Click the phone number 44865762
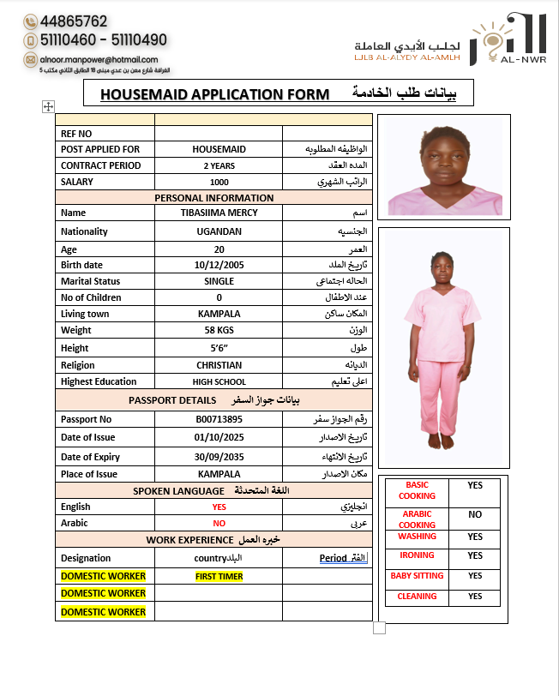(x=73, y=21)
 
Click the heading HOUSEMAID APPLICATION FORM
(x=214, y=93)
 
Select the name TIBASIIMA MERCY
(x=219, y=213)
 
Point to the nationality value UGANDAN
(x=219, y=231)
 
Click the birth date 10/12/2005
(x=219, y=265)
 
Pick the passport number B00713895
(x=219, y=419)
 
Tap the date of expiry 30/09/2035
(x=219, y=457)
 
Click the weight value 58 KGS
(x=219, y=330)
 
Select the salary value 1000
(x=219, y=182)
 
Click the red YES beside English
(x=219, y=507)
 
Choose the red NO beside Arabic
(x=219, y=523)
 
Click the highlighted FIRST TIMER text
(x=219, y=577)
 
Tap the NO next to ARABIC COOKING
(x=474, y=515)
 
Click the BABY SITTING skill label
(x=417, y=576)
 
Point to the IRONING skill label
(x=417, y=555)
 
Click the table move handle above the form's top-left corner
(x=48, y=106)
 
